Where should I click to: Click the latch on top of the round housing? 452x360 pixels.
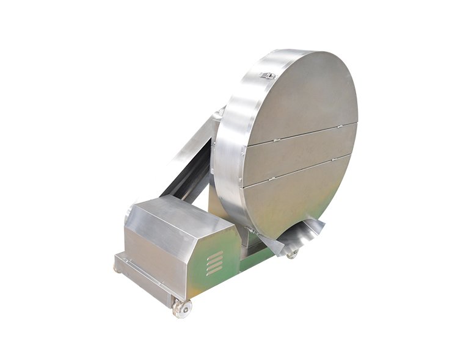pos(266,76)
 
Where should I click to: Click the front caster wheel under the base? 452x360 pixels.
pos(181,308)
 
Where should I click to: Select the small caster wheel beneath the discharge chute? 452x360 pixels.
pos(293,253)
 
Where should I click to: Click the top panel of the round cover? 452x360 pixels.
pos(302,98)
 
